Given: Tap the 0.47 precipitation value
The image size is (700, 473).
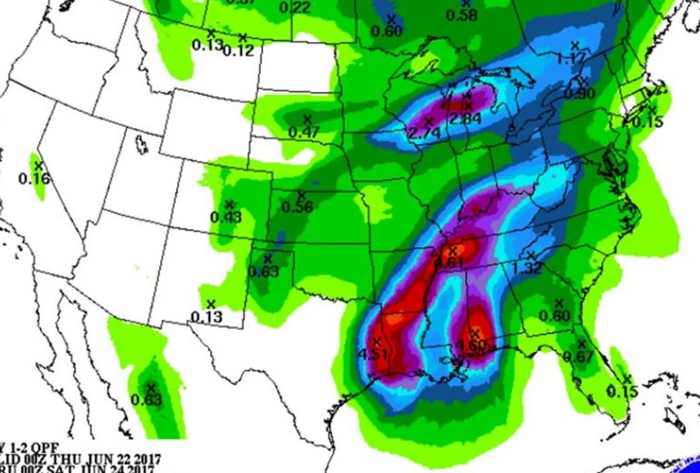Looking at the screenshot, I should (304, 132).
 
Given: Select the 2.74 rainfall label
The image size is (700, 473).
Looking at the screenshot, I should (423, 133).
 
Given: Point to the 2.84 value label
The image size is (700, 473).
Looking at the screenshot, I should (465, 119).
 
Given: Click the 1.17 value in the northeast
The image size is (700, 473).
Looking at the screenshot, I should (571, 58).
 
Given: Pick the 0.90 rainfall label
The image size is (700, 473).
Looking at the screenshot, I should (579, 93).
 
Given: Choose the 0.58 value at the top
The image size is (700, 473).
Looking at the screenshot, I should (461, 15).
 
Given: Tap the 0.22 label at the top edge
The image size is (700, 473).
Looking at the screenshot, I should (295, 8).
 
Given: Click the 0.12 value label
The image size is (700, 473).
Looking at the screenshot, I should (238, 51).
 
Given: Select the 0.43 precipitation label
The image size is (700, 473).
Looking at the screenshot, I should (226, 217).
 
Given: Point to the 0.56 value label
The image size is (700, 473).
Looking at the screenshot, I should (297, 207).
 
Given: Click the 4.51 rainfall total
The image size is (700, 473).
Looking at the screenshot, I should (372, 354).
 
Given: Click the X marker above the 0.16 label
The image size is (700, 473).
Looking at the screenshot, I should (39, 166).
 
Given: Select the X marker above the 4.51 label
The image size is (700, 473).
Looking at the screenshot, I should (377, 340).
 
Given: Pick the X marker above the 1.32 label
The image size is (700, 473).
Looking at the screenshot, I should (531, 255).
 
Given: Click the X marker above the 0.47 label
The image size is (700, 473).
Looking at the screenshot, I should (307, 119).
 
